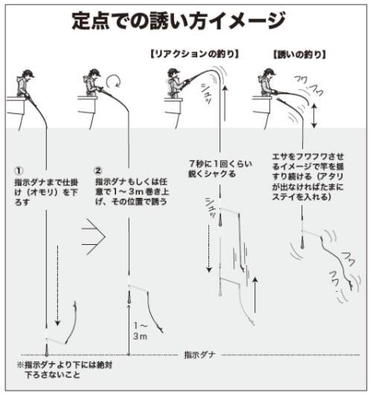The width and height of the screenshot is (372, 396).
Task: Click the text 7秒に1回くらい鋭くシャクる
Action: [x=213, y=168]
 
